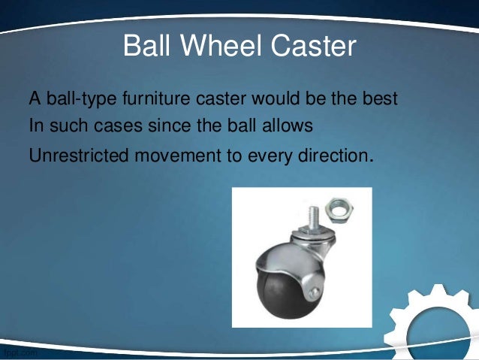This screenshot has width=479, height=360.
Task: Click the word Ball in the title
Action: click(x=146, y=47)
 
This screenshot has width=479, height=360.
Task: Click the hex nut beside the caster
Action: click(x=339, y=209)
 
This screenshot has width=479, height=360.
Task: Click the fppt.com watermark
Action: click(x=18, y=352)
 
